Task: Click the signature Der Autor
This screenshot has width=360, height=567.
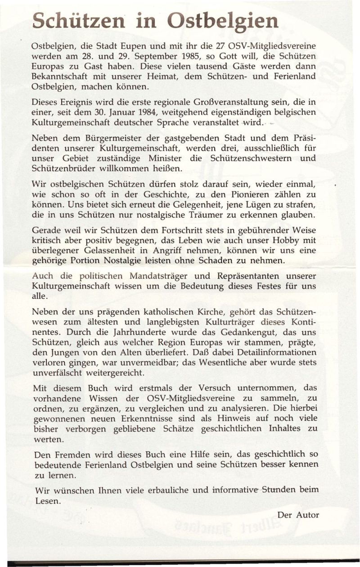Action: pyautogui.click(x=298, y=515)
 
